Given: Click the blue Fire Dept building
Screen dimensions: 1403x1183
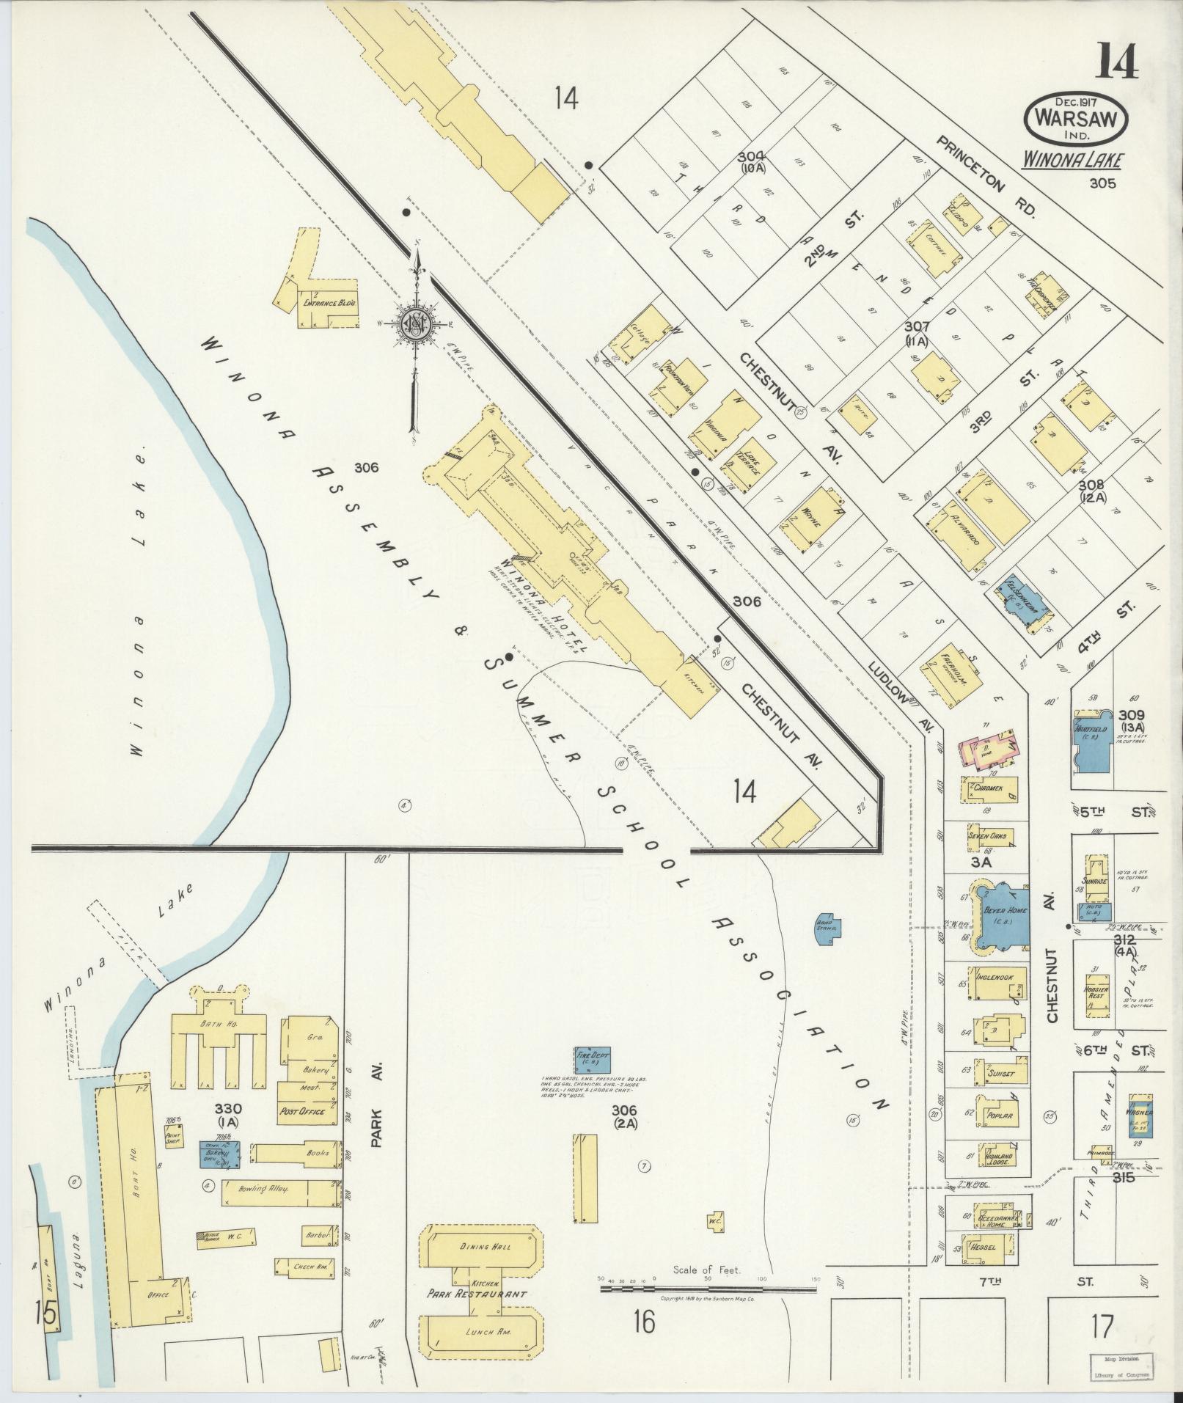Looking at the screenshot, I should (593, 1060).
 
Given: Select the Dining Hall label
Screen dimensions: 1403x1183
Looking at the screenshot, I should (481, 1247).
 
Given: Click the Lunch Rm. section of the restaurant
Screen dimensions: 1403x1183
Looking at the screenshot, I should (481, 1332).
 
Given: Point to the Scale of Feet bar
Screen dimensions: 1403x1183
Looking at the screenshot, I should (708, 1289).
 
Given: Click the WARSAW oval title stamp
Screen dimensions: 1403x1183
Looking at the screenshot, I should (1077, 118).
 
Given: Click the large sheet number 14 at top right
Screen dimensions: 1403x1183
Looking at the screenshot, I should (1117, 61).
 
